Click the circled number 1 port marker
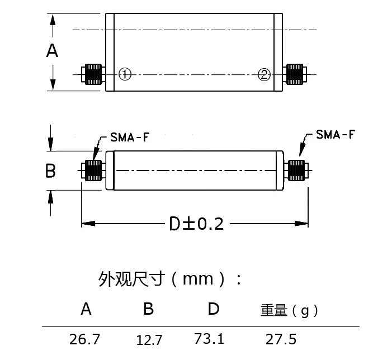[125, 74]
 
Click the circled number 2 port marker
[264, 74]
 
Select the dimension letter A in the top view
[52, 51]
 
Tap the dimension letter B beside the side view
[50, 170]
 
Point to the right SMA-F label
[336, 134]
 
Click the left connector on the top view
[92, 74]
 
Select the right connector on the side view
[296, 170]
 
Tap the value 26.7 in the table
[85, 339]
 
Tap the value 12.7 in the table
[149, 339]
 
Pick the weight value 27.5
[281, 339]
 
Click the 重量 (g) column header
[289, 310]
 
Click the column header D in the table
[214, 309]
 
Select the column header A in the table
[86, 309]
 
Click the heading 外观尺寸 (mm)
[170, 278]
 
